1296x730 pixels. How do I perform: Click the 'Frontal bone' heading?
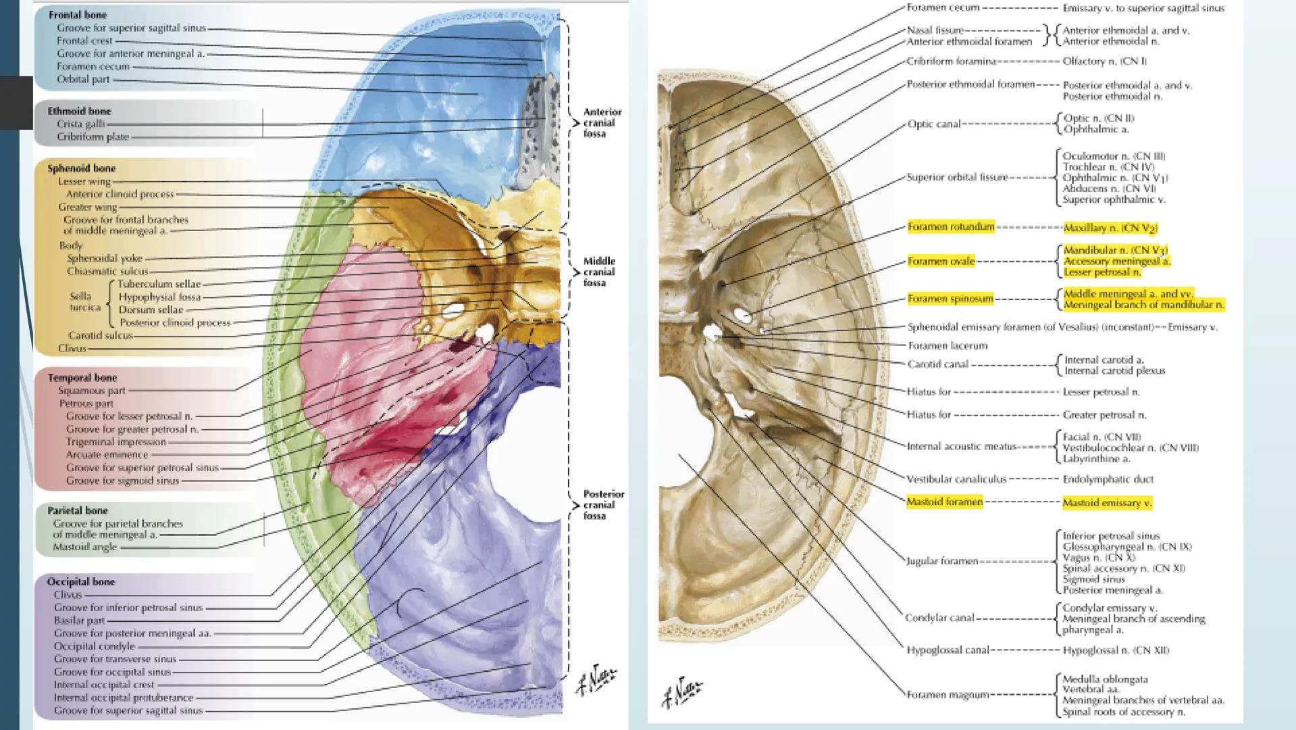pos(78,15)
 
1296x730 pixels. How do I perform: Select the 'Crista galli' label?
pos(80,124)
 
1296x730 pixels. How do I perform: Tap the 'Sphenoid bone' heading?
pos(81,168)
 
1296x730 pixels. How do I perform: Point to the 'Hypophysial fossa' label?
pos(159,297)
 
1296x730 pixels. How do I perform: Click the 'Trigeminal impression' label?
pos(115,442)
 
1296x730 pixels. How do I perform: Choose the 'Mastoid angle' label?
pos(85,547)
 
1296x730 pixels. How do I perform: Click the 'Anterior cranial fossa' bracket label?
pos(602,123)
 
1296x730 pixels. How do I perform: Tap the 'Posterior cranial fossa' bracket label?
pos(603,505)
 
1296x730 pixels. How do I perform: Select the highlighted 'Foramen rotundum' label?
pos(951,227)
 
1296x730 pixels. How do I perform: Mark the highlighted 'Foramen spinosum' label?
pos(950,299)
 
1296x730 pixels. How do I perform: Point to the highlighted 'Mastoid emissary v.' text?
pos(1107,503)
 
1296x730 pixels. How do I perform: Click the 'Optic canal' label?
pos(934,124)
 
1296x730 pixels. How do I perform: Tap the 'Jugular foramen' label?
pos(942,561)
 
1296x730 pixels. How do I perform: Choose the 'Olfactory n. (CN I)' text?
pos(1104,62)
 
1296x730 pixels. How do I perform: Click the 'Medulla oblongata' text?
pos(1105,679)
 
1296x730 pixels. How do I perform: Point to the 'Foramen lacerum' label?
pos(948,346)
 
